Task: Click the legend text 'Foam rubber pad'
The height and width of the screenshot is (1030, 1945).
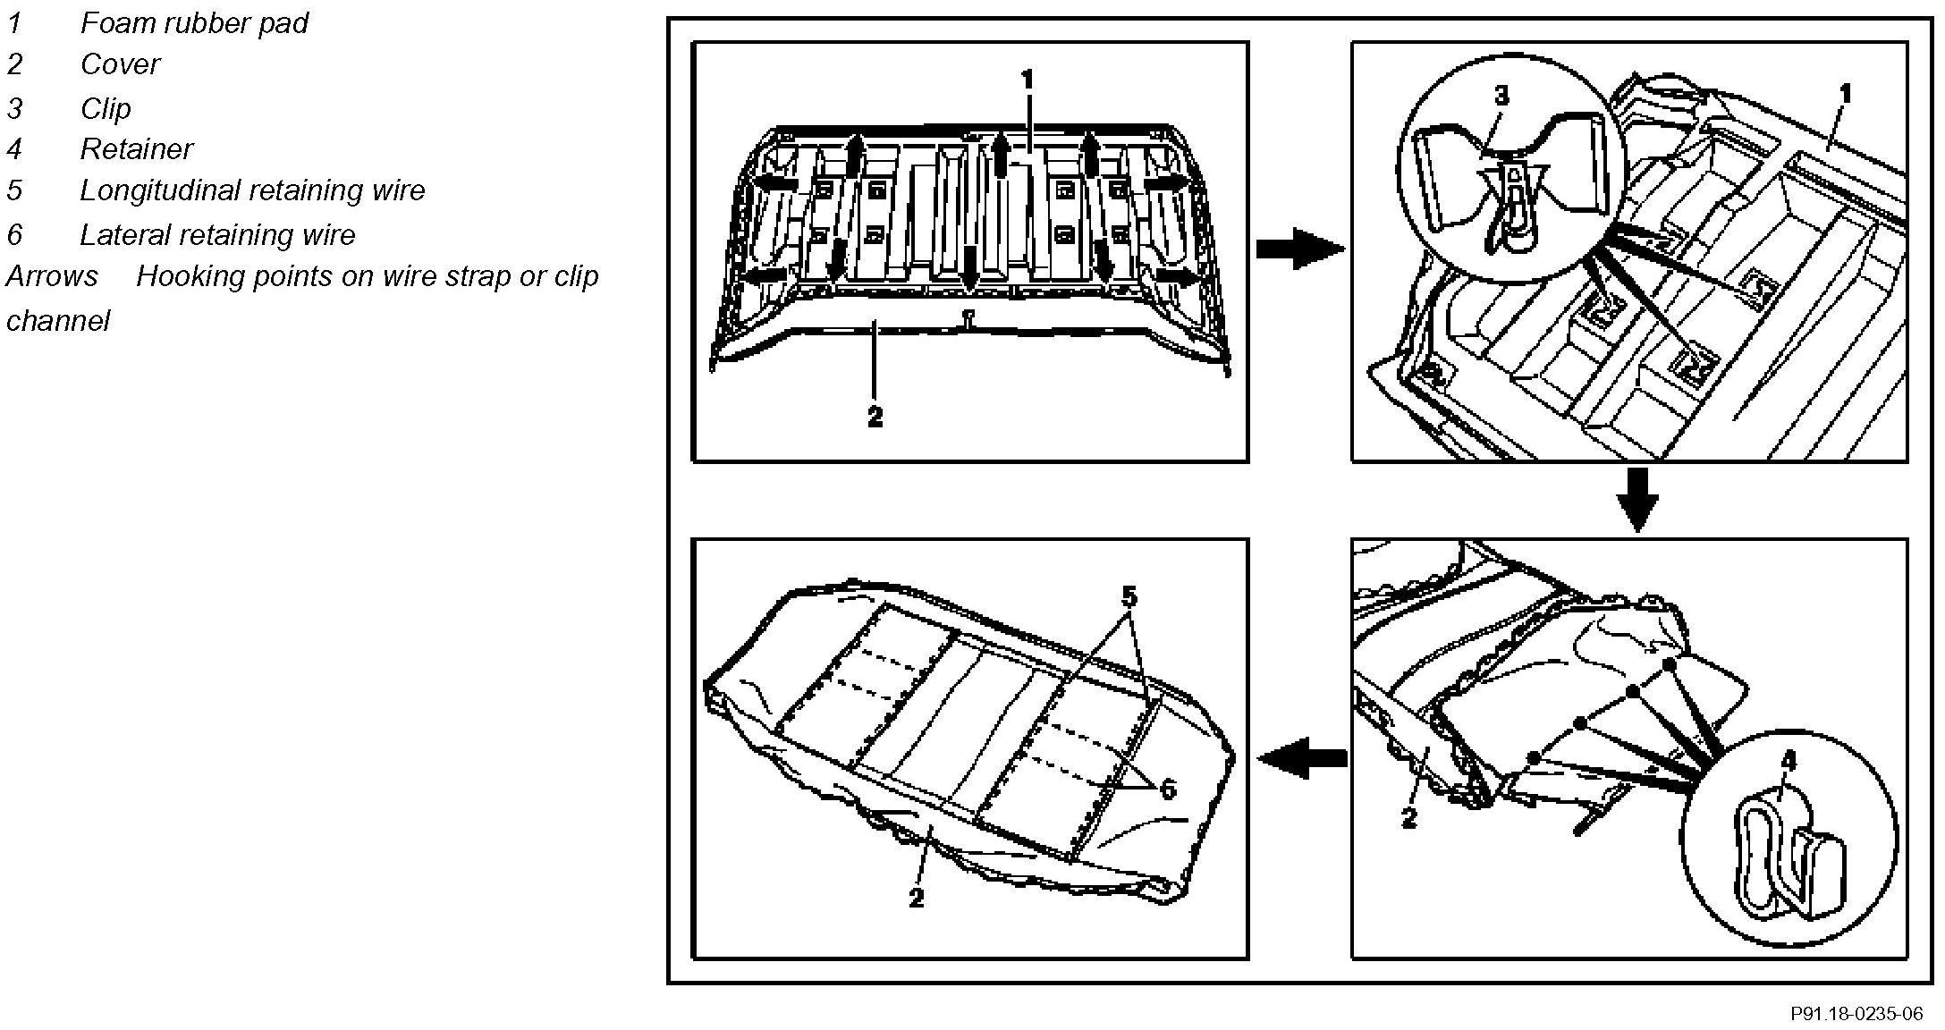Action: [194, 23]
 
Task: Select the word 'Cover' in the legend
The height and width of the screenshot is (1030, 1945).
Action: [120, 65]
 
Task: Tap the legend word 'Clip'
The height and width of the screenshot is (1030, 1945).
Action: [106, 109]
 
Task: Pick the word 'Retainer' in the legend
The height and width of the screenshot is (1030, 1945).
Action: [136, 149]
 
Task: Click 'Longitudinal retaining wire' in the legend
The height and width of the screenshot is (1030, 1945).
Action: [252, 190]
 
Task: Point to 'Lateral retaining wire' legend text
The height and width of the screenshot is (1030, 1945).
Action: [217, 235]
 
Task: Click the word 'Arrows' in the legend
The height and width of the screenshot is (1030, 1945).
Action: [52, 276]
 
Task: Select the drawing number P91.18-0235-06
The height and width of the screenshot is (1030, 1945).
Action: [1856, 1014]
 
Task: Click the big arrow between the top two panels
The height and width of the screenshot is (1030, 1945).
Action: [1299, 248]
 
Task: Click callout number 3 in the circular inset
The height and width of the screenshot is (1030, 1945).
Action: [1501, 96]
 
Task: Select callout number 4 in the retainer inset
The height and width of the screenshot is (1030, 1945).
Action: [1788, 761]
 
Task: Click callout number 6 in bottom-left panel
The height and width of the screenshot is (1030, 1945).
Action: [1167, 789]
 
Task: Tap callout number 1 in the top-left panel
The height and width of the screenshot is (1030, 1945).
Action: [1027, 80]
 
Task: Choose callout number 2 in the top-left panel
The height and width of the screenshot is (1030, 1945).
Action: [875, 416]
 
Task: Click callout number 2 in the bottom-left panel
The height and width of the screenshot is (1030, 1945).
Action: [916, 898]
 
